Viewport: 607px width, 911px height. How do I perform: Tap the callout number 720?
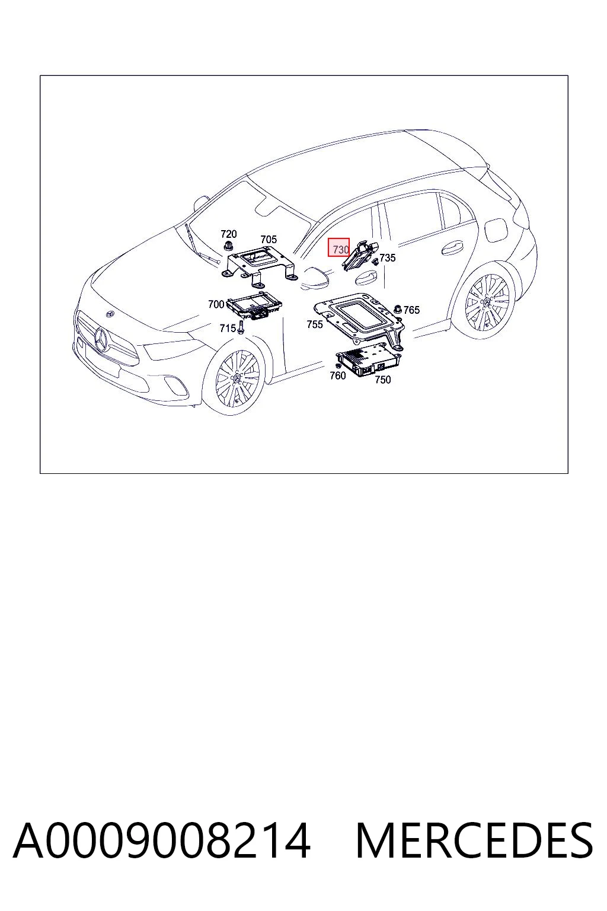[x=228, y=234]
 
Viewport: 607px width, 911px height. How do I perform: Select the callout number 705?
[x=269, y=240]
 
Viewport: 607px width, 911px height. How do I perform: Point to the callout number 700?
[x=216, y=304]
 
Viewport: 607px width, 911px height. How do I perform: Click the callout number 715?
[x=228, y=328]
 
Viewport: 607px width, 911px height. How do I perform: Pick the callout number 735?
[x=388, y=258]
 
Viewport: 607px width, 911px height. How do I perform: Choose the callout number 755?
[x=315, y=324]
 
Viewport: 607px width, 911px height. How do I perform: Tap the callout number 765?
[x=411, y=310]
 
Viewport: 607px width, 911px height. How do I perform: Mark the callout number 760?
[x=337, y=375]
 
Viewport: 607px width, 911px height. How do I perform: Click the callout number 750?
[x=382, y=380]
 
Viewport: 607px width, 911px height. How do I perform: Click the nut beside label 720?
[x=228, y=245]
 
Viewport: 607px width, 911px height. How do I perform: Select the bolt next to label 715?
[x=241, y=328]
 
